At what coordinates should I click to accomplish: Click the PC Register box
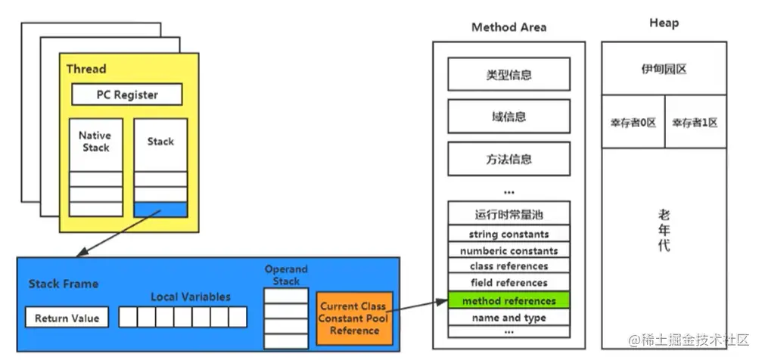[x=127, y=95]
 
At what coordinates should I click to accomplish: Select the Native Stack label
[x=95, y=141]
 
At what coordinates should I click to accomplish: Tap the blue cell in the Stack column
[x=160, y=209]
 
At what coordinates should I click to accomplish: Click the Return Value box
[x=67, y=318]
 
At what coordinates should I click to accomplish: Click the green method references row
[x=508, y=301]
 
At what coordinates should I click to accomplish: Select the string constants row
[x=508, y=234]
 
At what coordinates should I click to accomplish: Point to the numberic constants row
[x=508, y=250]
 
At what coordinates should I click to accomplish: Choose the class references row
[x=508, y=266]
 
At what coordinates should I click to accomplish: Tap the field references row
[x=508, y=283]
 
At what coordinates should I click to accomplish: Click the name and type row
[x=508, y=318]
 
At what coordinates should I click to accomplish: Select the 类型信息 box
[x=508, y=75]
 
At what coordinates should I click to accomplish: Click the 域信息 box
[x=508, y=117]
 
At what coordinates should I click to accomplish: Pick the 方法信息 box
[x=508, y=160]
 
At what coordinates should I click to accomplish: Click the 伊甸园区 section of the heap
[x=664, y=69]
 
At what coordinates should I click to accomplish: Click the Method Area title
[x=509, y=27]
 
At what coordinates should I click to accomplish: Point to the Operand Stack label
[x=286, y=275]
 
